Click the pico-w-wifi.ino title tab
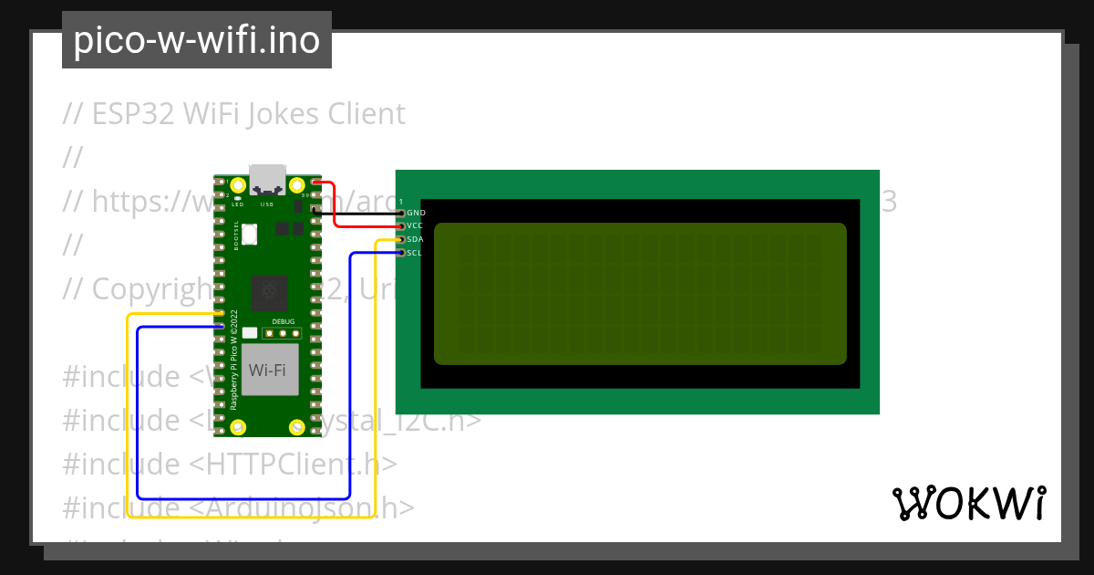click(x=196, y=40)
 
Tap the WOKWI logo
click(x=968, y=503)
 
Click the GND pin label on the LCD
click(x=416, y=212)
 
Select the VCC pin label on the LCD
click(x=415, y=225)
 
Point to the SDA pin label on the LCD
click(x=415, y=239)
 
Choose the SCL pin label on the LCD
click(x=415, y=253)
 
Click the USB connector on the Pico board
click(x=267, y=180)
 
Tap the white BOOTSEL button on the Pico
click(x=250, y=235)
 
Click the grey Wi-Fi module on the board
click(x=268, y=370)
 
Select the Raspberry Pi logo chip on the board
click(x=269, y=292)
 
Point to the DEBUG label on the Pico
click(x=284, y=322)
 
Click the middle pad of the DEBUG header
click(x=284, y=334)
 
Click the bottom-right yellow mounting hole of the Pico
click(x=296, y=427)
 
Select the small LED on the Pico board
click(x=237, y=198)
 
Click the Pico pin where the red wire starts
click(x=315, y=183)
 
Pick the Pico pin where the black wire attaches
click(x=315, y=209)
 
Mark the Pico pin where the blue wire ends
click(x=221, y=326)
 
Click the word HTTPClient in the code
click(x=282, y=464)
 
